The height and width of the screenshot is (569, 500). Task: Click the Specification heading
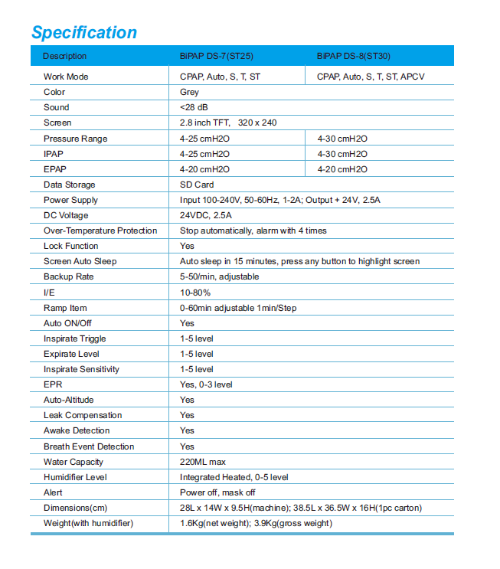pyautogui.click(x=84, y=33)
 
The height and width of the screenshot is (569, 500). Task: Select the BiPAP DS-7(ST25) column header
pyautogui.click(x=216, y=56)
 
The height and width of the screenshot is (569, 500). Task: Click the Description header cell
pyautogui.click(x=65, y=56)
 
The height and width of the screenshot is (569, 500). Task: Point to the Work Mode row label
pyautogui.click(x=66, y=77)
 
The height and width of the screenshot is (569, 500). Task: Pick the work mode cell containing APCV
pyautogui.click(x=371, y=77)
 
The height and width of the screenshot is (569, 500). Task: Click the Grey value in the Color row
pyautogui.click(x=189, y=92)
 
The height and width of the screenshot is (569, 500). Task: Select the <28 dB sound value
pyautogui.click(x=193, y=107)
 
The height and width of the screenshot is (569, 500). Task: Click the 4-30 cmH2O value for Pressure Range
pyautogui.click(x=342, y=139)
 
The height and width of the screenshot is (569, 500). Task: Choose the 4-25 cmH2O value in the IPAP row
pyautogui.click(x=204, y=154)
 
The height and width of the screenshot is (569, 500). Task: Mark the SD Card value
pyautogui.click(x=197, y=185)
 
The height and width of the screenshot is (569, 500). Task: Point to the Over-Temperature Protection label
pyautogui.click(x=100, y=231)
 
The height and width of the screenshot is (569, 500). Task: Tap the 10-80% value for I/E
pyautogui.click(x=195, y=293)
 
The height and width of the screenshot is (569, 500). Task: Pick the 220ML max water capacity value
pyautogui.click(x=202, y=462)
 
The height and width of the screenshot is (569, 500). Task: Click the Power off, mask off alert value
pyautogui.click(x=217, y=492)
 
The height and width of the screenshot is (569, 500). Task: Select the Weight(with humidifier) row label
pyautogui.click(x=88, y=523)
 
